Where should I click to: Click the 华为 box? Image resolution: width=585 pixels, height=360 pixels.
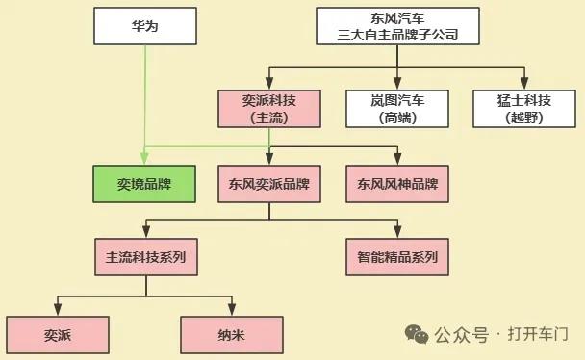tap(143, 26)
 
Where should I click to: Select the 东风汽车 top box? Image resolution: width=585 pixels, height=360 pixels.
tap(397, 26)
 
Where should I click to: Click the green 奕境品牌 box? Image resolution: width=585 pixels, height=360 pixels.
tap(143, 183)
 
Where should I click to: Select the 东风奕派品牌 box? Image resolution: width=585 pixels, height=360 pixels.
tap(268, 183)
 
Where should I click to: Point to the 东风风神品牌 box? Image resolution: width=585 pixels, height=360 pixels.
tap(397, 183)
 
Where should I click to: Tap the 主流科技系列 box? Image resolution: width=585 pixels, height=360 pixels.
tap(145, 257)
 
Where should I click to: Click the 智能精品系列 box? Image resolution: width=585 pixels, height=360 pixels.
tap(397, 257)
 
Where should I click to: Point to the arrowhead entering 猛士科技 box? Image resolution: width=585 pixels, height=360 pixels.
tap(524, 84)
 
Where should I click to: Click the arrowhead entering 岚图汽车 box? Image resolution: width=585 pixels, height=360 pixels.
tap(397, 84)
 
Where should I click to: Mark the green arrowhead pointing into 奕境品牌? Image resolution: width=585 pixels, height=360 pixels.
tap(143, 160)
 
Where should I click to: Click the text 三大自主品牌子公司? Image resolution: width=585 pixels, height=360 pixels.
tap(397, 35)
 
